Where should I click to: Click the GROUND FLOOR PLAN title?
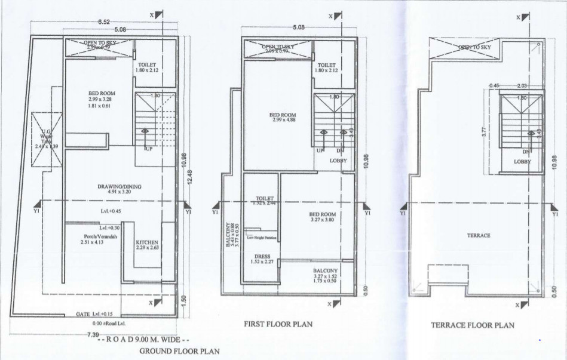(x=179, y=352)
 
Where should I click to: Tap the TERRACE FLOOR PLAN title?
(x=472, y=325)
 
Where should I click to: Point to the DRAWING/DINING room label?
(x=119, y=187)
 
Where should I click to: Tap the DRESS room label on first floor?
(x=262, y=258)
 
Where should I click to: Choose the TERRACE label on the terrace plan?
(x=479, y=236)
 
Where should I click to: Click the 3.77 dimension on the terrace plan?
(x=484, y=131)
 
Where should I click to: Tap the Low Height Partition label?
(x=261, y=238)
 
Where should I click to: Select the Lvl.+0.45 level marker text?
(x=111, y=211)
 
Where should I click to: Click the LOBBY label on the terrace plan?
(x=523, y=162)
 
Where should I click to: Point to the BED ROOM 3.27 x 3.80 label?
(x=322, y=217)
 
